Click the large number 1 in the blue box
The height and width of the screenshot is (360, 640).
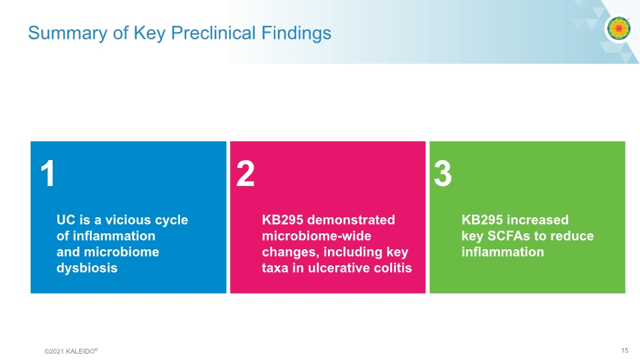tap(47, 175)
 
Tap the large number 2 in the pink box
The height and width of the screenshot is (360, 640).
tap(246, 175)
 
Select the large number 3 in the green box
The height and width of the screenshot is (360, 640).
tap(443, 175)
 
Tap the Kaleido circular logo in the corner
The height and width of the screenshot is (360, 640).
tap(618, 29)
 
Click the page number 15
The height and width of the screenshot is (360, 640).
tap(624, 350)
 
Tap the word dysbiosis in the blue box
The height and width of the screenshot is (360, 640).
tap(87, 268)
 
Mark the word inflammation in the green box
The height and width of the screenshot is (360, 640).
tap(503, 252)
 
